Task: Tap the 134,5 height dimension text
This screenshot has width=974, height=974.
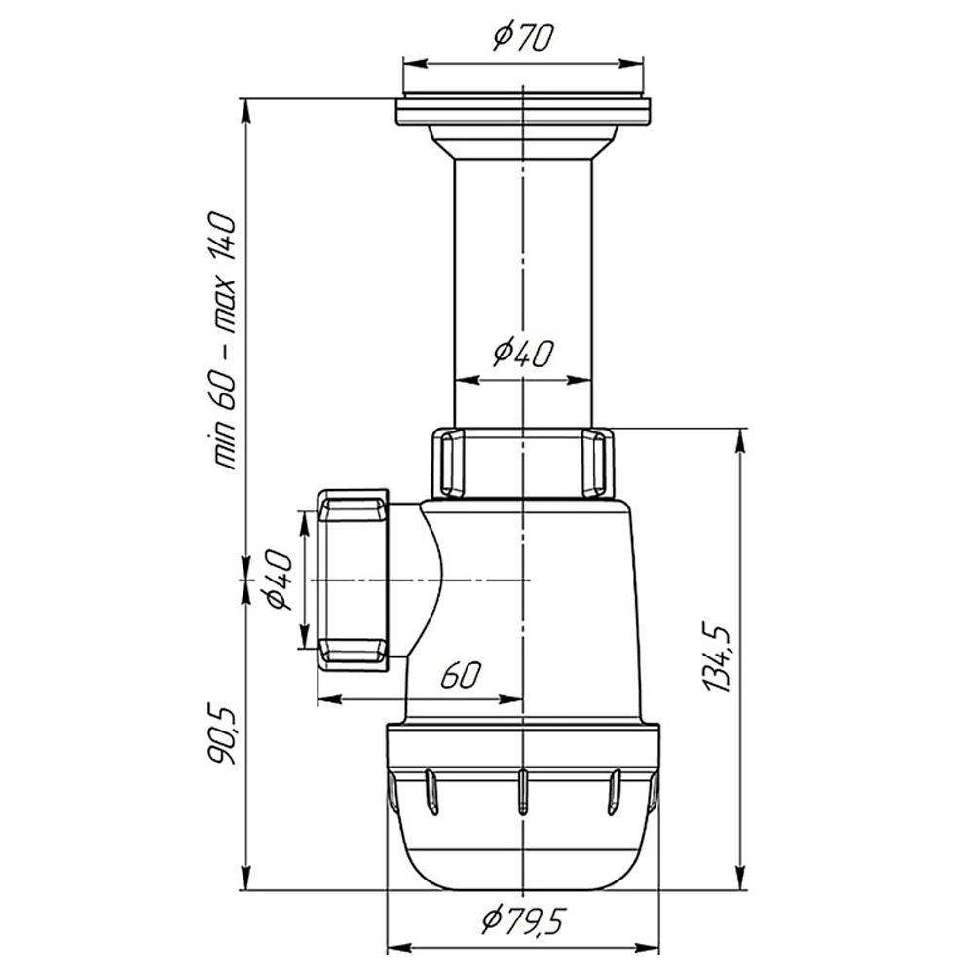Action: click(718, 656)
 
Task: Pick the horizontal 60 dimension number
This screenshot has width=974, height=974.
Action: click(461, 675)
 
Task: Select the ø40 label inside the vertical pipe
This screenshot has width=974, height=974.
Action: click(523, 354)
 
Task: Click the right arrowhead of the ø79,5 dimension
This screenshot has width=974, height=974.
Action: click(648, 948)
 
